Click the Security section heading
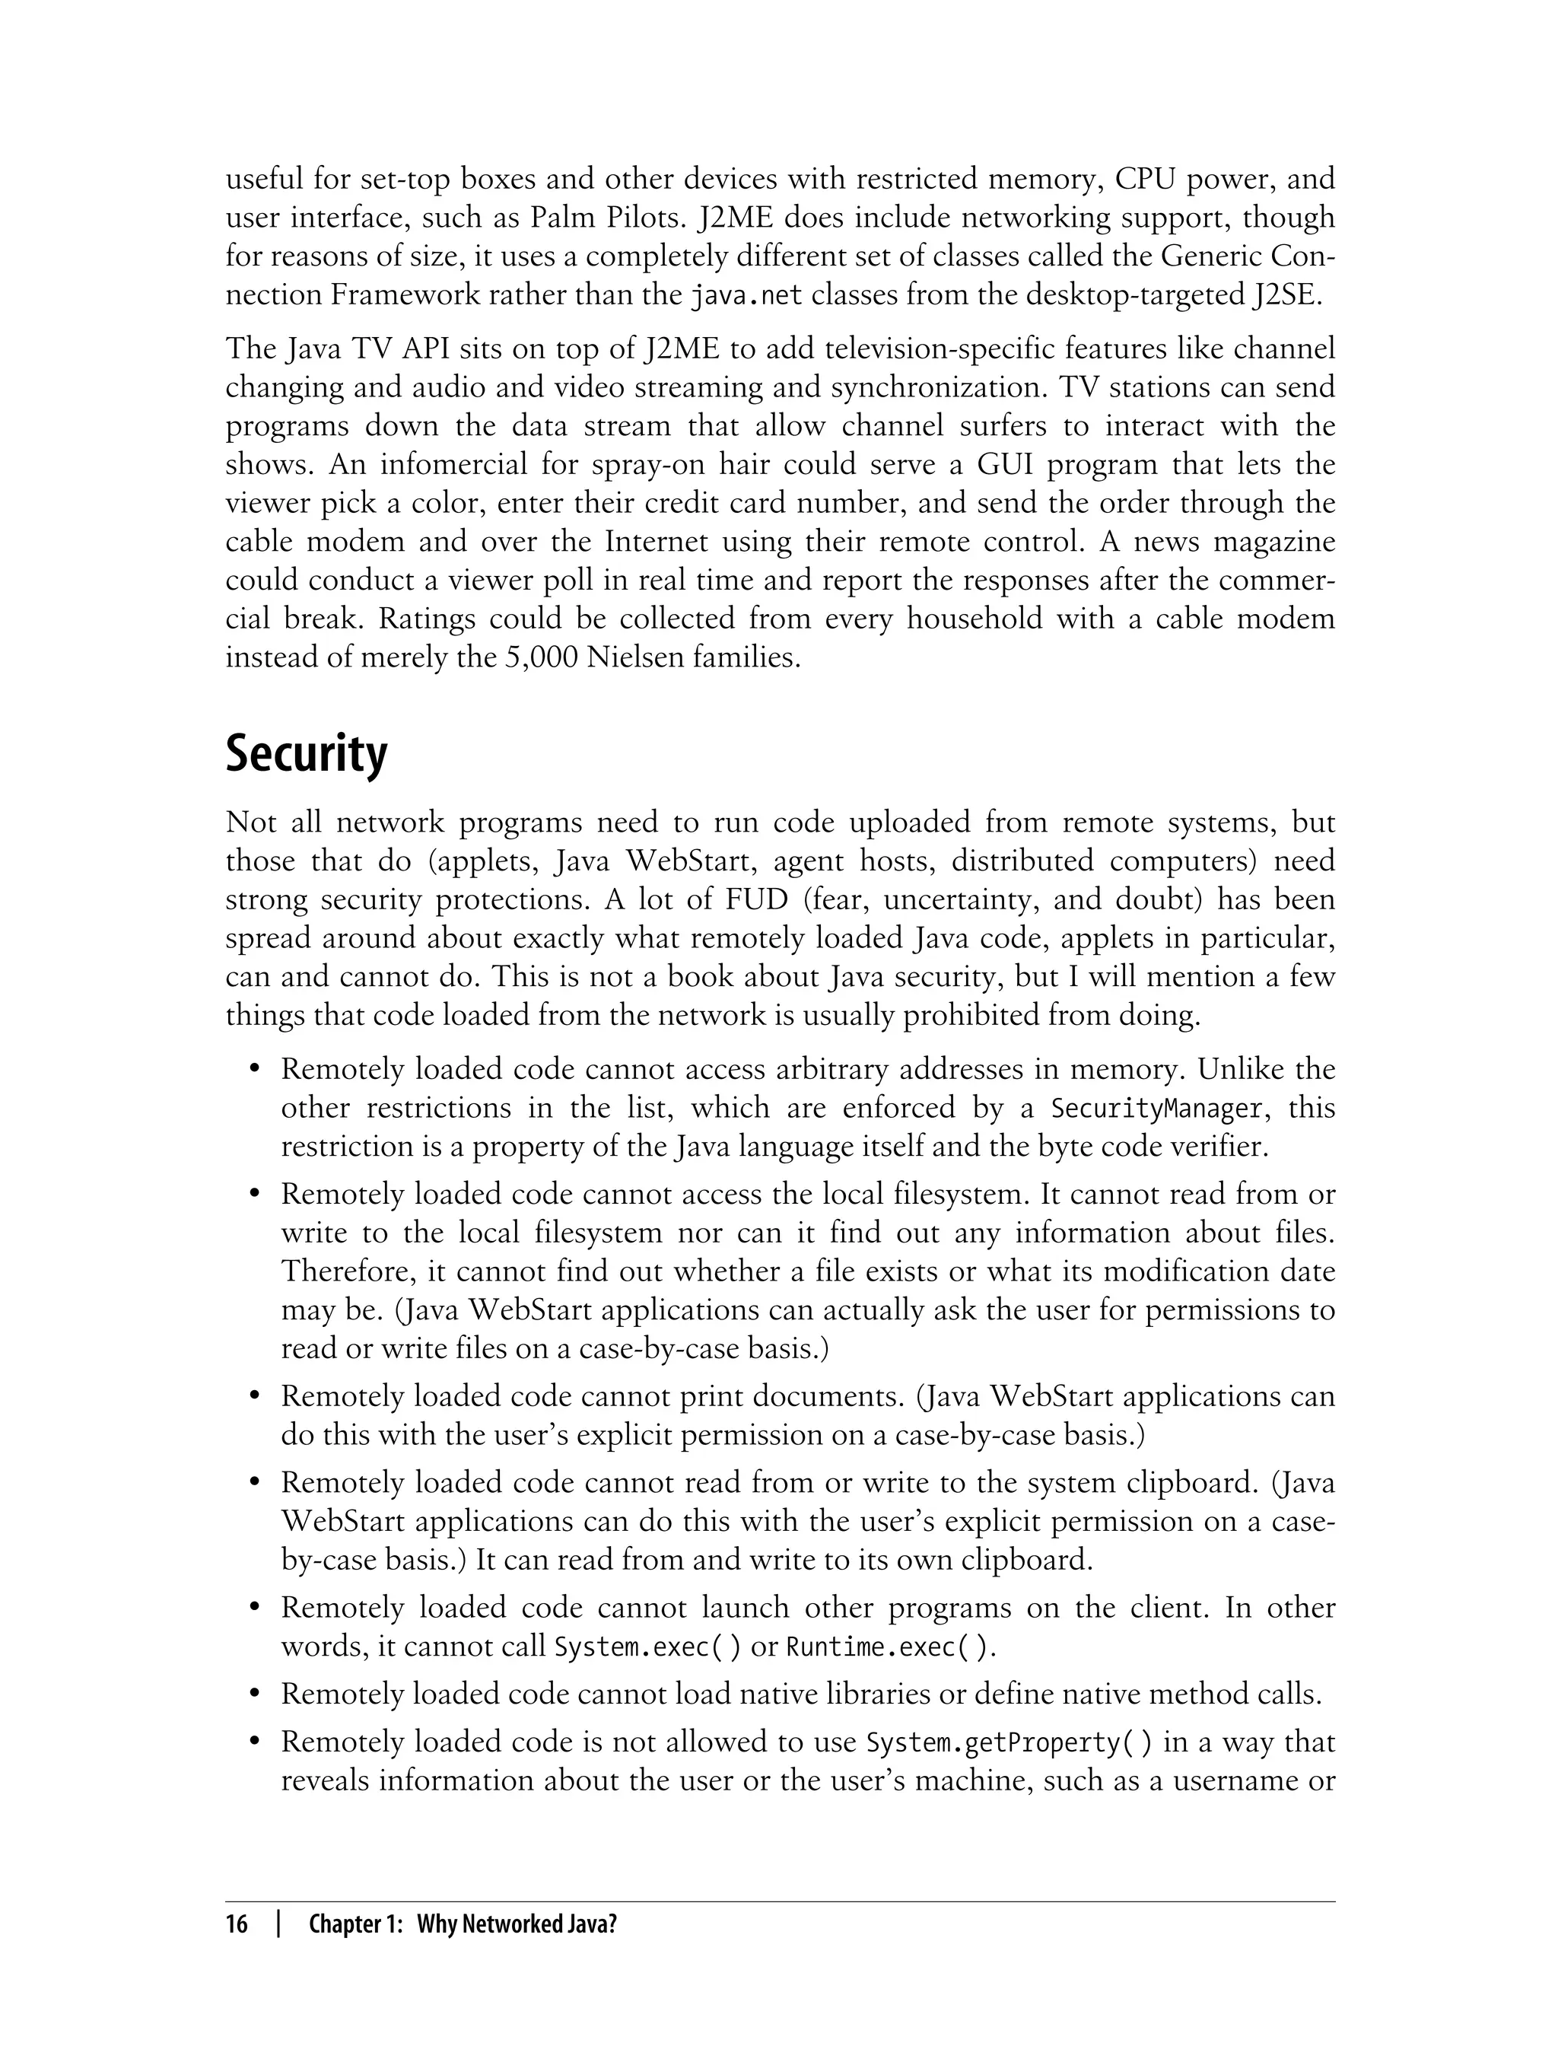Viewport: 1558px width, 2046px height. (x=306, y=755)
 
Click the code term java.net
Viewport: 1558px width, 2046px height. (x=746, y=297)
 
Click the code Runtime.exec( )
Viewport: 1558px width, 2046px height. (x=890, y=1648)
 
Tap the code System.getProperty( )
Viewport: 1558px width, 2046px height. (x=1009, y=1742)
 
